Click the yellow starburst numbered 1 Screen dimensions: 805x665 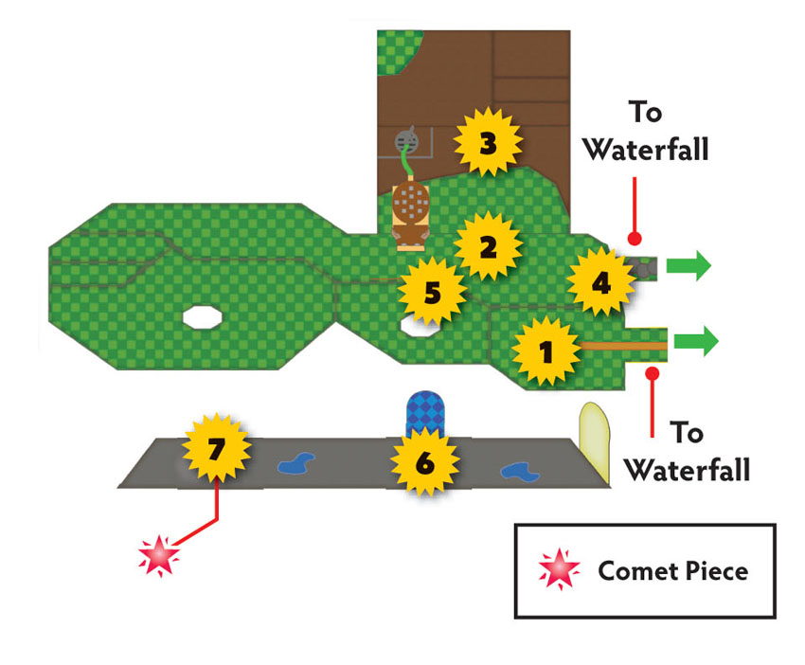click(546, 351)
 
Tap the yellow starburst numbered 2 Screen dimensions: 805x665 click(489, 246)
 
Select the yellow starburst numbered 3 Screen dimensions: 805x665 click(489, 142)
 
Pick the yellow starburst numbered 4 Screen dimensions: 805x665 click(601, 282)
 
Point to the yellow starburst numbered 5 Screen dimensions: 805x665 click(432, 292)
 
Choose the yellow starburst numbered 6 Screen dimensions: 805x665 click(425, 462)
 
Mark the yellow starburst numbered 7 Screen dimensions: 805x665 click(217, 448)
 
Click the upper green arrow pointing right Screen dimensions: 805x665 click(689, 266)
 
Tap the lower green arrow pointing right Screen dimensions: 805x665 click(696, 341)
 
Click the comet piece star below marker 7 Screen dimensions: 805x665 click(159, 555)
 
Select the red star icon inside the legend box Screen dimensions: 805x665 click(559, 569)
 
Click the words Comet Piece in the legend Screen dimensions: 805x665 click(673, 571)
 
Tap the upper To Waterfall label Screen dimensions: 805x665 click(646, 131)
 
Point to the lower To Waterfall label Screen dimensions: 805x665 click(687, 451)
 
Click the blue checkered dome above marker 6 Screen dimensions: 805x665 click(425, 411)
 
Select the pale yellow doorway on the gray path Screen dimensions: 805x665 click(595, 441)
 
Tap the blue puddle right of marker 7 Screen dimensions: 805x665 click(296, 463)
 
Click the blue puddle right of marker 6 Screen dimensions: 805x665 click(520, 472)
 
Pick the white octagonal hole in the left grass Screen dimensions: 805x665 click(203, 316)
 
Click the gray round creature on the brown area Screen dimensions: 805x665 click(406, 141)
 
